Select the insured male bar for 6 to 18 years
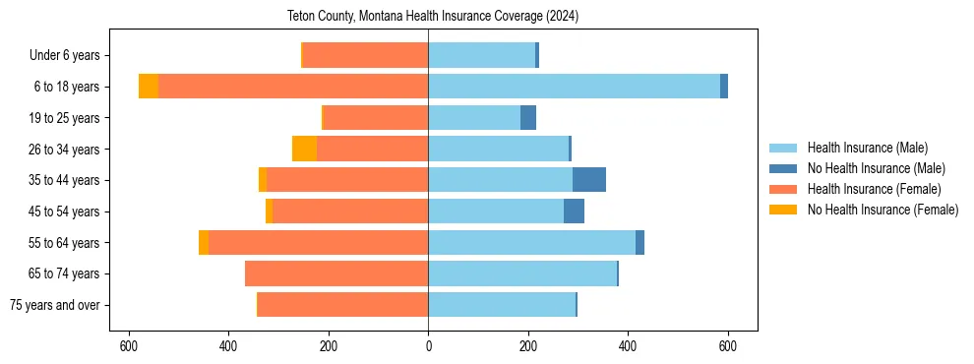[x=574, y=87]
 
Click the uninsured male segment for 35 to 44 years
[x=589, y=180]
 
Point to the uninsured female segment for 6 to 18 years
[x=149, y=87]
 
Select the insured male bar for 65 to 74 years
[x=522, y=273]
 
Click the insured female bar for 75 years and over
[x=342, y=305]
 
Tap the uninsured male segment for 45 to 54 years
[x=574, y=211]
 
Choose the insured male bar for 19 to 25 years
[x=474, y=118]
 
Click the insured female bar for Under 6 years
[x=365, y=55]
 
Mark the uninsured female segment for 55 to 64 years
[x=204, y=242]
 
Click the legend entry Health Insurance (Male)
[x=867, y=148]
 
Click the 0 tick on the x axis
[x=428, y=346]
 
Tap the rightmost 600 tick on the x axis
[x=728, y=346]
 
